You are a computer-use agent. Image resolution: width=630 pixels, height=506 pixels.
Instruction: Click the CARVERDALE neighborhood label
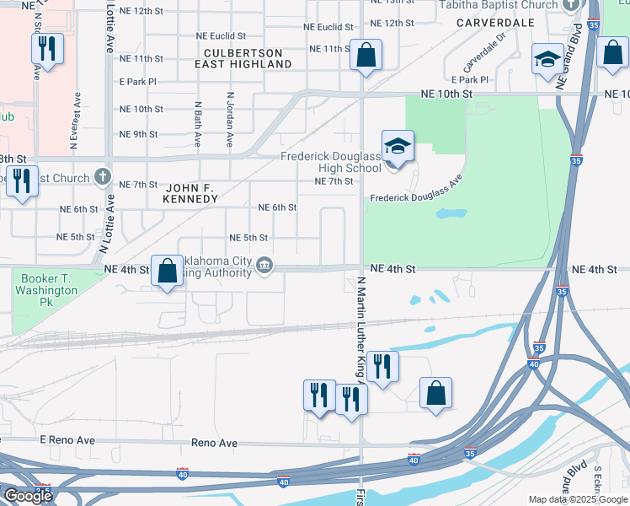[496, 23]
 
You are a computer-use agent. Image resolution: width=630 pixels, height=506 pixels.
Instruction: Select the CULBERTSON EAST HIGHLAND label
[243, 57]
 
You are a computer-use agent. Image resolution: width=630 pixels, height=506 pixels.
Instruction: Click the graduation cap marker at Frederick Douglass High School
[398, 145]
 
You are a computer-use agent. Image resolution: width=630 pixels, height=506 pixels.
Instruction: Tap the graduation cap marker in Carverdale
[547, 60]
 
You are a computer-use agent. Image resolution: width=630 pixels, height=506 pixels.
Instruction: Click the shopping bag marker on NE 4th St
[167, 272]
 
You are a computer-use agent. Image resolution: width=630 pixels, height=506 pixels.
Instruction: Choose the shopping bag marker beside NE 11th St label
[366, 56]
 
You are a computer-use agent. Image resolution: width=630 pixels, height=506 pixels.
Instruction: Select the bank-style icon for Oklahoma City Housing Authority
[264, 267]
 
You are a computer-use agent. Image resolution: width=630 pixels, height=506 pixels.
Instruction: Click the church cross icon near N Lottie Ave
[103, 176]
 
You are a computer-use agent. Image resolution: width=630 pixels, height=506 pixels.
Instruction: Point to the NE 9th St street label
[139, 134]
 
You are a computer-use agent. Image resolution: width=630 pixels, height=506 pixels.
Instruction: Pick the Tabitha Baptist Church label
[499, 5]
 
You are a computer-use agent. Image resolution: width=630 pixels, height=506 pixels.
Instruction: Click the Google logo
[27, 496]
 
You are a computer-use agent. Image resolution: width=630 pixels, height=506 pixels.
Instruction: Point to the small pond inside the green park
[451, 213]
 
